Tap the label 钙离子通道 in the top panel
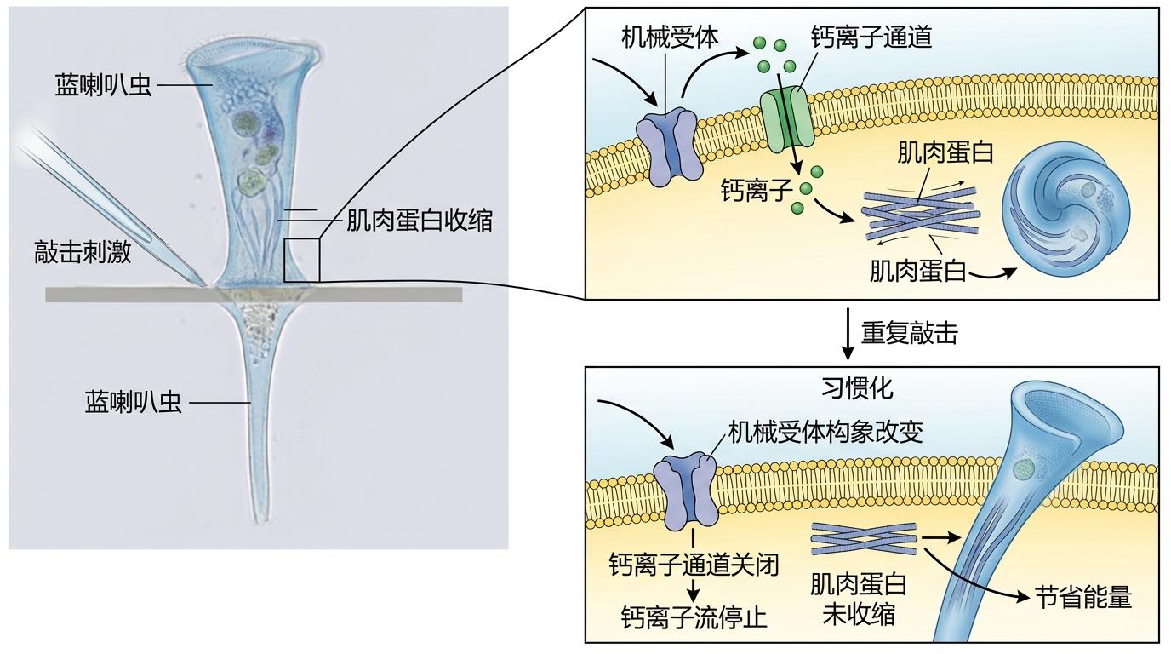[871, 37]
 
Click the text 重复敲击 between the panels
[909, 333]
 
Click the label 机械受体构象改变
[825, 432]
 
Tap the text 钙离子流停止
[694, 616]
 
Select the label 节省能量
[1083, 597]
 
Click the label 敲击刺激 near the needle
[83, 252]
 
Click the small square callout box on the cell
[301, 260]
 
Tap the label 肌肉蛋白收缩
[419, 221]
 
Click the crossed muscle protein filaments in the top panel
[920, 213]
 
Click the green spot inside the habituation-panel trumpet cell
[1026, 468]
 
